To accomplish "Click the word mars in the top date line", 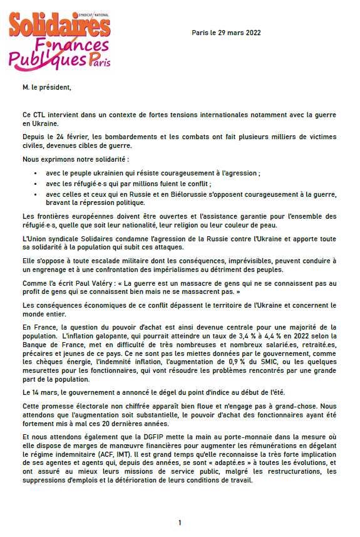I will (x=235, y=33).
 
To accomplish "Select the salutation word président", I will (x=56, y=87).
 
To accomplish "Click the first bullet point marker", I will (x=39, y=174).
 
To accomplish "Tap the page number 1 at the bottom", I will (x=180, y=523).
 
